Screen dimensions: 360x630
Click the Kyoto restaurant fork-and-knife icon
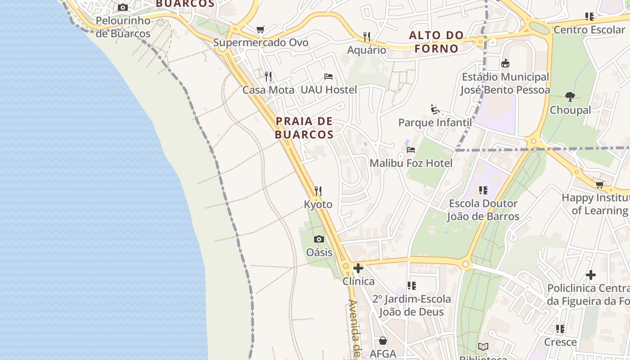tap(318, 191)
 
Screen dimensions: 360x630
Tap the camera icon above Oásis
tap(319, 239)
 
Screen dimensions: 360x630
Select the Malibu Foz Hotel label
tap(411, 163)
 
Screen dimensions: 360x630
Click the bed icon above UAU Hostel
tap(328, 76)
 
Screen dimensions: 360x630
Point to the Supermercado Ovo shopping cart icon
tap(260, 30)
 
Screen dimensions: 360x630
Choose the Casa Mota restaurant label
tap(268, 90)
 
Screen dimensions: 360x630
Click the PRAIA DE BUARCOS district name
tap(304, 128)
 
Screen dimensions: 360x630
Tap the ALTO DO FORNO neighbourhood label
tap(436, 42)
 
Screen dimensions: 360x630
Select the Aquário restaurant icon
tap(367, 36)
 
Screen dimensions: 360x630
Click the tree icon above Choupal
tap(570, 97)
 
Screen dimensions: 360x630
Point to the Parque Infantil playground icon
tap(435, 109)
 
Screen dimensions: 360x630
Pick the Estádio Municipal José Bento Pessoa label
tap(505, 83)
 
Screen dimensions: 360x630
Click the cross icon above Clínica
tap(358, 268)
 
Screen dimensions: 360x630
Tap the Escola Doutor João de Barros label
tap(483, 210)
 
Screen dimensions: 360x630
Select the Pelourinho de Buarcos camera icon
tap(123, 8)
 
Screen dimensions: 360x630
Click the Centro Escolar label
tap(589, 30)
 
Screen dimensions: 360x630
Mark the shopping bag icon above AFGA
tap(383, 341)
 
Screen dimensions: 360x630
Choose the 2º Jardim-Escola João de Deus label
tap(411, 306)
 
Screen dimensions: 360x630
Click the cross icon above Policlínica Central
tap(591, 274)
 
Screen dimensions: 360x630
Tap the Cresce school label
tap(560, 342)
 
